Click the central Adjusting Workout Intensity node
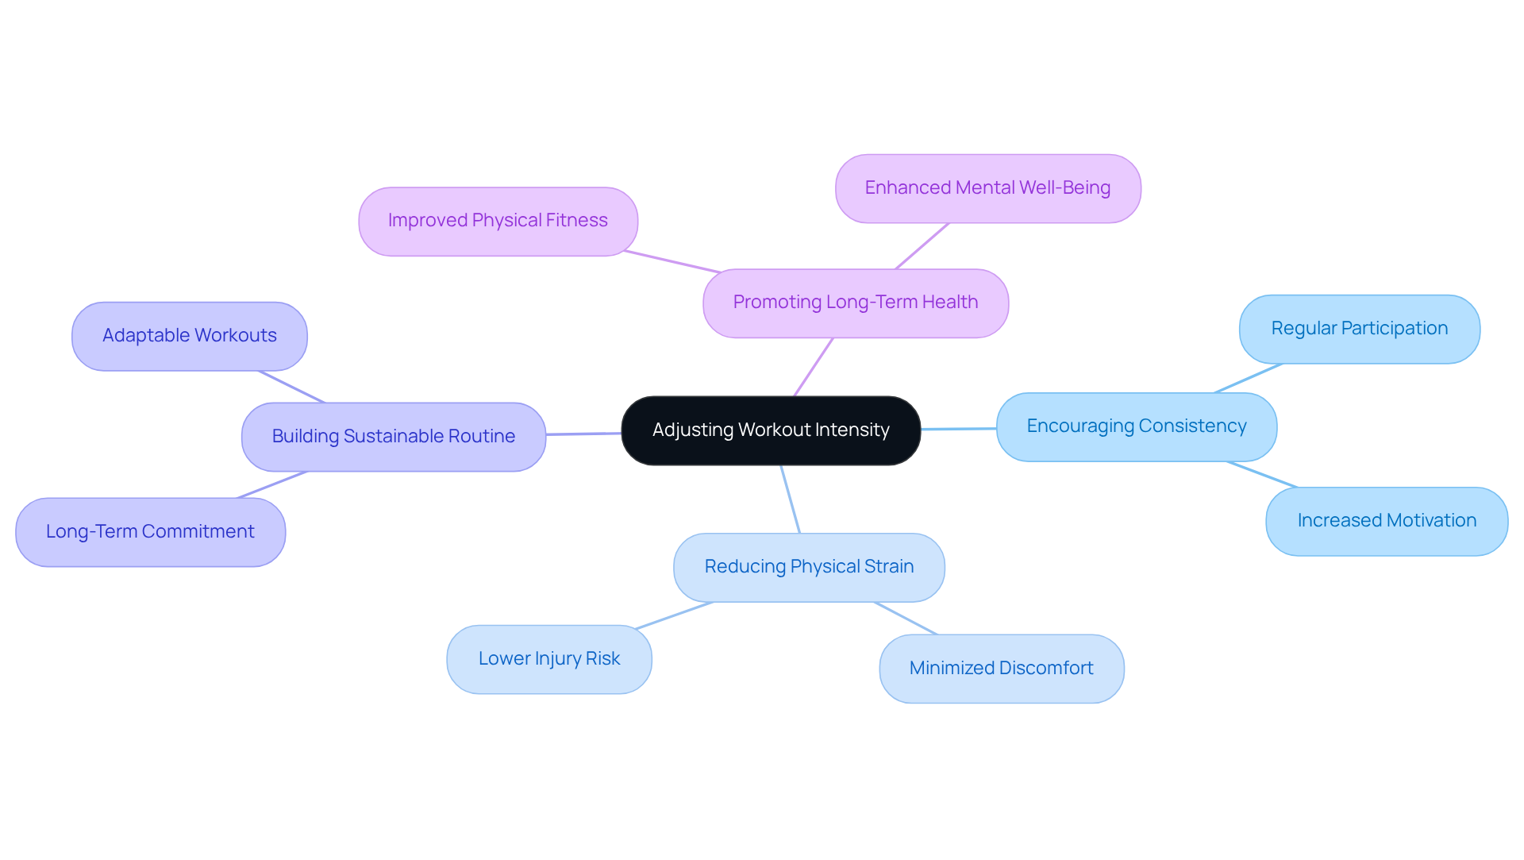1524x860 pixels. pos(770,430)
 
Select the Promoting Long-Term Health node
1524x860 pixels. pos(855,303)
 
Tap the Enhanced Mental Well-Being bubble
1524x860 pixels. pos(987,188)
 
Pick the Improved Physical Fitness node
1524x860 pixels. pos(498,221)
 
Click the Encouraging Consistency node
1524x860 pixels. pos(1136,426)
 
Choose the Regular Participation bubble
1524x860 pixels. pos(1359,329)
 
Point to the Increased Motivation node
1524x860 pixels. pos(1386,521)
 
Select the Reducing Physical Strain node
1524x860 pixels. pos(808,567)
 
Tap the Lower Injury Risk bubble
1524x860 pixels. pos(548,659)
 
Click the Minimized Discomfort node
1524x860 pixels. pos(1001,669)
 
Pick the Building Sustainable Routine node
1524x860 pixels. pos(393,437)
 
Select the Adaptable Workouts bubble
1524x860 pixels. pos(189,336)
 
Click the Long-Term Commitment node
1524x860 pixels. pos(150,532)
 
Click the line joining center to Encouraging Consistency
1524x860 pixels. pos(958,429)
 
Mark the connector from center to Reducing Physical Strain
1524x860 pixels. pos(791,499)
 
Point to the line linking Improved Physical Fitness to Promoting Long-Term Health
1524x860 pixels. pos(672,262)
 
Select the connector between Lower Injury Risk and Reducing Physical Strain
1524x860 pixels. pos(674,615)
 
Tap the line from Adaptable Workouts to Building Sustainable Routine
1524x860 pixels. pos(291,387)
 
